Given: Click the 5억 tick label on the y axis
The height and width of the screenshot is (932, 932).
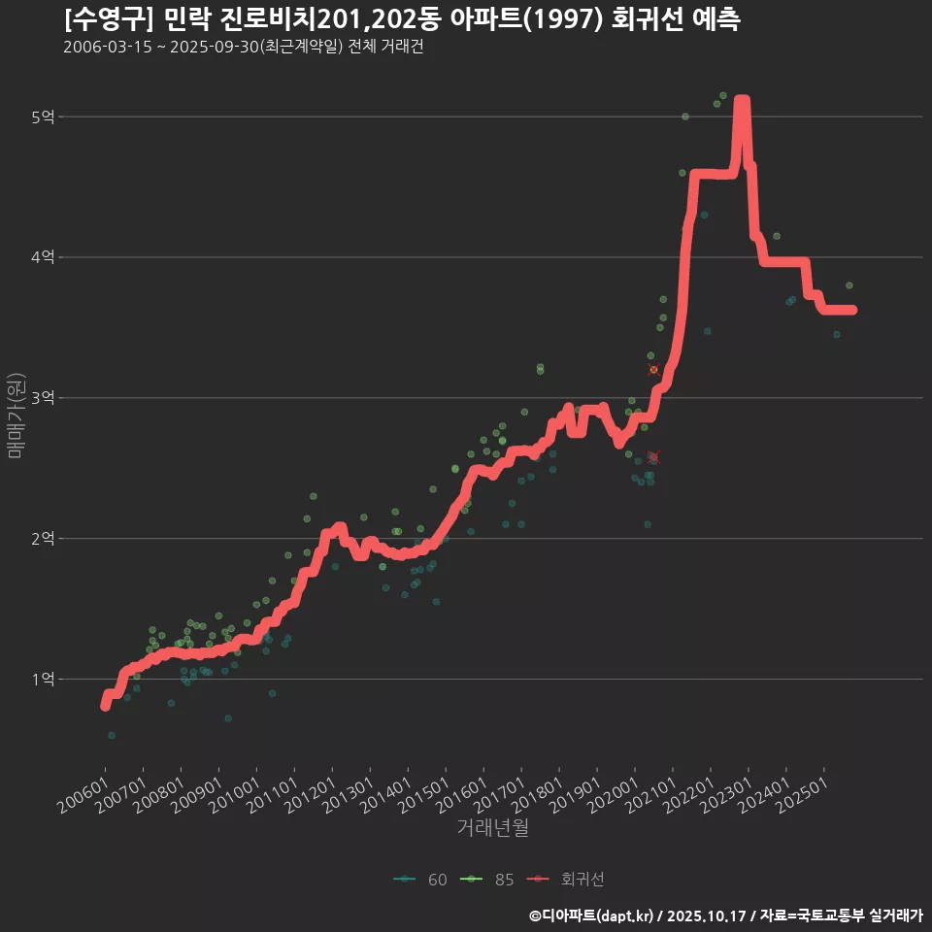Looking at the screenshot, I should click(x=43, y=117).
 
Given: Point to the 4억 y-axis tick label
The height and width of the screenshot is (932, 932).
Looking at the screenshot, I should click(x=43, y=257).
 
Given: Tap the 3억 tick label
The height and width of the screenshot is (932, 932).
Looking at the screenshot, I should click(x=43, y=398).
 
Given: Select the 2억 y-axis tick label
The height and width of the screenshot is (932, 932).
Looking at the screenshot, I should click(x=43, y=539).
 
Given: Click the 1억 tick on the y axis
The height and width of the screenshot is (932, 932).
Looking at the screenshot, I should click(x=43, y=680).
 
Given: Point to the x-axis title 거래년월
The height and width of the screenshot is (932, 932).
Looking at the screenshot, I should click(x=492, y=828).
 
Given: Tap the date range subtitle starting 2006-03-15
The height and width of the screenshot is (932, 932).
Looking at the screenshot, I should click(x=243, y=47).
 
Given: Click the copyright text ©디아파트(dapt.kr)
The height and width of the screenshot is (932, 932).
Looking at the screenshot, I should click(x=591, y=915).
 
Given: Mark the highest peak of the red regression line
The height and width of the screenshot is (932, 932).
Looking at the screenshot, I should click(x=742, y=101).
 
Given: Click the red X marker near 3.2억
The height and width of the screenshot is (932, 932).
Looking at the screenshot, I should click(x=653, y=370).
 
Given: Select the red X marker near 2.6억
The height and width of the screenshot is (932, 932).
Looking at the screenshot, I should click(x=652, y=457).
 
